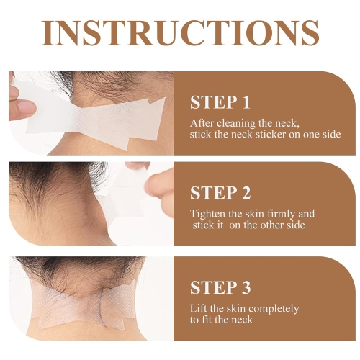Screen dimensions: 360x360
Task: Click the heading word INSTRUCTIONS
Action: pyautogui.click(x=180, y=33)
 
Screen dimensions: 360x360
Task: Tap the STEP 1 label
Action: pyautogui.click(x=220, y=102)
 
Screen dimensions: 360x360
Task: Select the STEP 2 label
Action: pyautogui.click(x=220, y=193)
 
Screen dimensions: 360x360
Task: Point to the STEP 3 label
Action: pyautogui.click(x=220, y=287)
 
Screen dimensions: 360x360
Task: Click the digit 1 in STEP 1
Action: pyautogui.click(x=246, y=102)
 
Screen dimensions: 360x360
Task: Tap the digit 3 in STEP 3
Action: pyautogui.click(x=246, y=287)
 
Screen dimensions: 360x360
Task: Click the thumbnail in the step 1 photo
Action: pyautogui.click(x=25, y=107)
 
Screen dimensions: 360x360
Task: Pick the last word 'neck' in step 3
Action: pyautogui.click(x=242, y=320)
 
